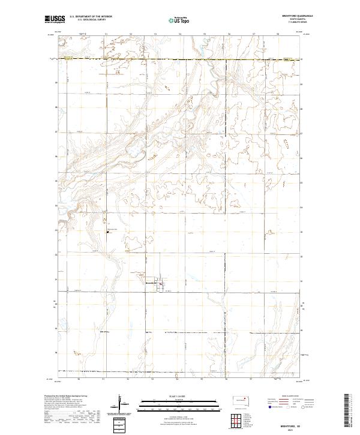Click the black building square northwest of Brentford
(108, 232)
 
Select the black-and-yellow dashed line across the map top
(180, 59)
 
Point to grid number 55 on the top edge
(205, 34)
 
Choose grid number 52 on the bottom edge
(128, 379)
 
